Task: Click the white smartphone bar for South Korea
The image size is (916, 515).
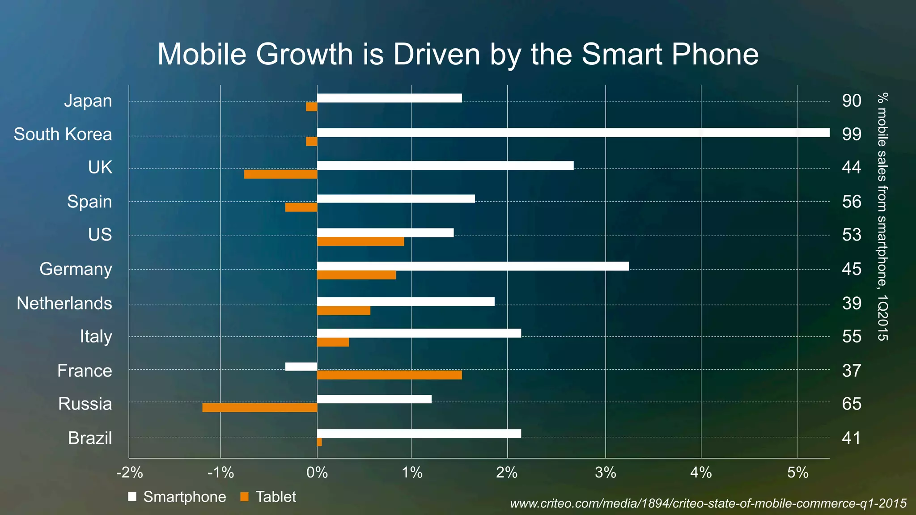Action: pyautogui.click(x=572, y=133)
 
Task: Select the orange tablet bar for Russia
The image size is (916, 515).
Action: pyautogui.click(x=259, y=408)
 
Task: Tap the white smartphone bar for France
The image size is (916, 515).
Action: pyautogui.click(x=301, y=367)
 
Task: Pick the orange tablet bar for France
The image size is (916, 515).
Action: pyautogui.click(x=389, y=375)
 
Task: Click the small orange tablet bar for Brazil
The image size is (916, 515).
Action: pyautogui.click(x=319, y=442)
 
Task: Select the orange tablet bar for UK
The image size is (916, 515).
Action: pyautogui.click(x=280, y=174)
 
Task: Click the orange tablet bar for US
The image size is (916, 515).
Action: pyautogui.click(x=360, y=242)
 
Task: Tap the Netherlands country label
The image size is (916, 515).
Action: pyautogui.click(x=64, y=304)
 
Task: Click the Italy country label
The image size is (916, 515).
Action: pyautogui.click(x=96, y=337)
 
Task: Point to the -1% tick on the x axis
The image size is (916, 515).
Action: pyautogui.click(x=221, y=473)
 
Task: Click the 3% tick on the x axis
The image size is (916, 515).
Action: pyautogui.click(x=605, y=473)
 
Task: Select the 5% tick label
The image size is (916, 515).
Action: pyautogui.click(x=797, y=473)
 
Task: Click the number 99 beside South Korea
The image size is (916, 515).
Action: pyautogui.click(x=851, y=134)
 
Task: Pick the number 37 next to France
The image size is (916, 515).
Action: pyautogui.click(x=851, y=371)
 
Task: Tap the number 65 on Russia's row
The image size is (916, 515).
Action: pyautogui.click(x=851, y=404)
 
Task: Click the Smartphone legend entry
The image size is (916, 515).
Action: pyautogui.click(x=184, y=497)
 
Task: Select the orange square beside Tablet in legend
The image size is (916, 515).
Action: pyautogui.click(x=244, y=497)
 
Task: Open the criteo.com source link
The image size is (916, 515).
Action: pyautogui.click(x=708, y=504)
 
